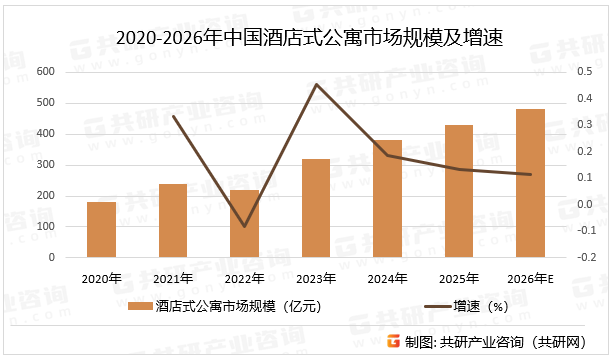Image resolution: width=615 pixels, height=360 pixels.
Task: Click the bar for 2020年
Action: point(101,229)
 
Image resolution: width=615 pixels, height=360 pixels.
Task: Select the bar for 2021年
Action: point(173,220)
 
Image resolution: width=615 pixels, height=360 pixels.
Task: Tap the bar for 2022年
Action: point(245,223)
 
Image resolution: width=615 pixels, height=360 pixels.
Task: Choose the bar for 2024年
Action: point(388,198)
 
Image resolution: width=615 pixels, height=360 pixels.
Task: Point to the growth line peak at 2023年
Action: point(316,84)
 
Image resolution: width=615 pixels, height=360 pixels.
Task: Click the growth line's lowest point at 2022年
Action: point(245,227)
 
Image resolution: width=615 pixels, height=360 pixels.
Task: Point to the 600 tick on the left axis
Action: point(45,72)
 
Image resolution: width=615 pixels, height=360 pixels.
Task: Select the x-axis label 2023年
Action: point(316,278)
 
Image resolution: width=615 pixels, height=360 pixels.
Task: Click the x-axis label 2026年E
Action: point(531,278)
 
